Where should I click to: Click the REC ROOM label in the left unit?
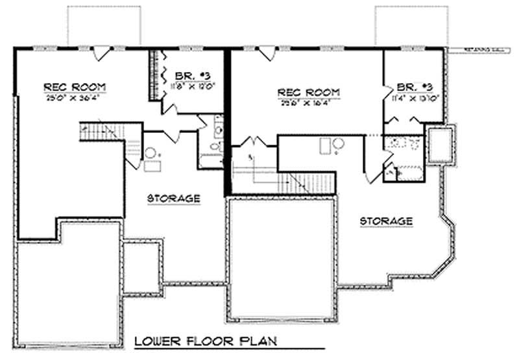pyautogui.click(x=75, y=86)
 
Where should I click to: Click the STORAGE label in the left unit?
pyautogui.click(x=173, y=198)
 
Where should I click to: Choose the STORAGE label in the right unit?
pyautogui.click(x=387, y=221)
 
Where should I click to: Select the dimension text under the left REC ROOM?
pyautogui.click(x=75, y=97)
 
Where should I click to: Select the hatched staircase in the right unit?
pyautogui.click(x=310, y=181)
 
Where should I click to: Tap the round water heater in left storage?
pyautogui.click(x=150, y=153)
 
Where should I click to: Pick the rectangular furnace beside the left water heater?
pyautogui.click(x=152, y=166)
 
